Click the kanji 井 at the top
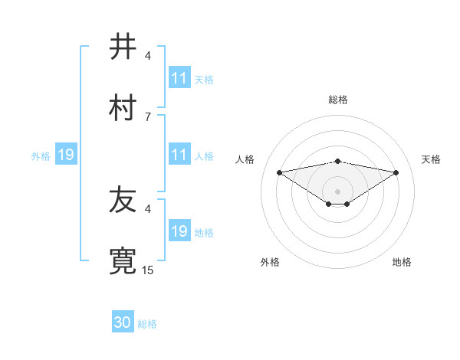(x=123, y=47)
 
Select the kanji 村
(x=123, y=107)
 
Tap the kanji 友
(x=123, y=200)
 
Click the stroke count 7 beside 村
(x=148, y=116)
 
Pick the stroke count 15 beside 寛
(x=148, y=270)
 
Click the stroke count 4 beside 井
(x=148, y=56)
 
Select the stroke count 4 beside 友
(x=148, y=208)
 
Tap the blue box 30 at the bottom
(x=123, y=322)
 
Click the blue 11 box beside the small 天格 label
(x=179, y=78)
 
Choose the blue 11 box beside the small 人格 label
(x=179, y=155)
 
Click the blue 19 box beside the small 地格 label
(x=179, y=231)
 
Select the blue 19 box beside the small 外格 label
(x=66, y=155)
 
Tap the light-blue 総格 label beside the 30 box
(x=147, y=324)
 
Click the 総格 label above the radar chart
(x=338, y=100)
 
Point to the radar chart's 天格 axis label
(x=432, y=159)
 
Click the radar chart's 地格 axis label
(x=402, y=262)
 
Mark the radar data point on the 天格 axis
(x=396, y=172)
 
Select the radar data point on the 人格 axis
(x=280, y=172)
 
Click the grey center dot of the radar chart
(x=338, y=191)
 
